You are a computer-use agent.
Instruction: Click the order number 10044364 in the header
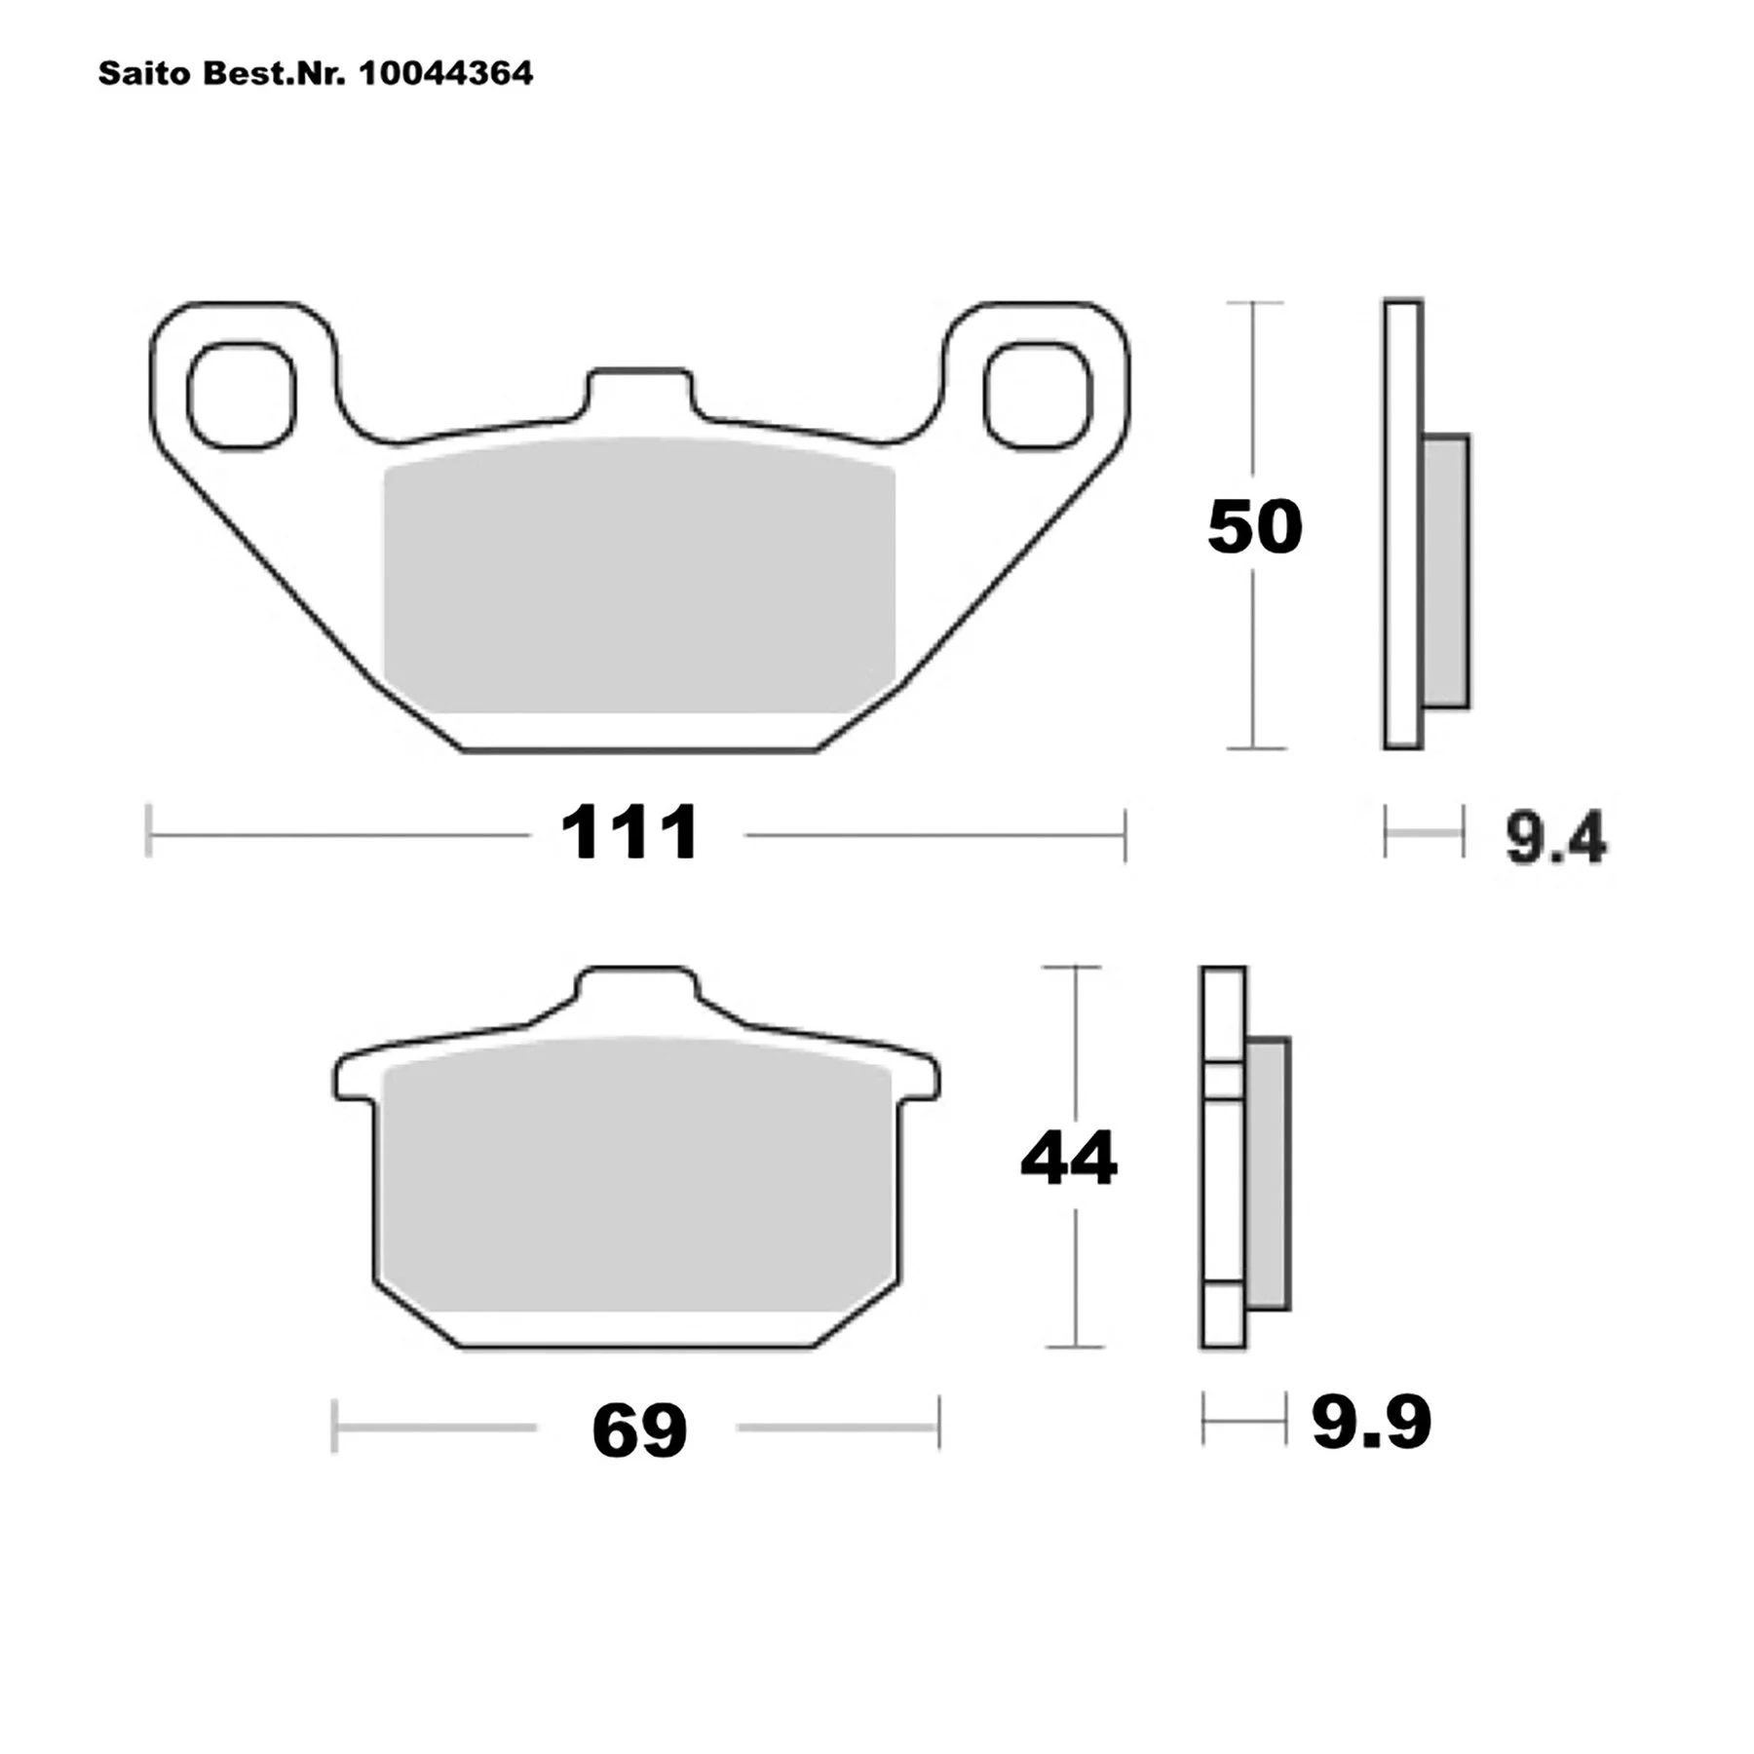[446, 73]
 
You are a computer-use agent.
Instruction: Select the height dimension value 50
[1254, 527]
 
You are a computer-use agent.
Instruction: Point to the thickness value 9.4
[1555, 838]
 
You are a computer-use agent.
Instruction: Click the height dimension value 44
[1069, 1159]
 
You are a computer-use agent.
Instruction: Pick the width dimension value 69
[639, 1430]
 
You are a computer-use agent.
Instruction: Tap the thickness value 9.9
[1370, 1423]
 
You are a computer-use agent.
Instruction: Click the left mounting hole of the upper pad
[241, 395]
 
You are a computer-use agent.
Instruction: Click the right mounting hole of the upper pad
[1037, 395]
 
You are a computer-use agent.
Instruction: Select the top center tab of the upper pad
[639, 395]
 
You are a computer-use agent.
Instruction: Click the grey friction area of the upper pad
[639, 575]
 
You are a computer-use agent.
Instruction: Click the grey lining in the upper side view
[1445, 570]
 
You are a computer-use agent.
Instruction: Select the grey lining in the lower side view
[1267, 1174]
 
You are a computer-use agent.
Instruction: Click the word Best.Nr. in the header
[274, 73]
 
